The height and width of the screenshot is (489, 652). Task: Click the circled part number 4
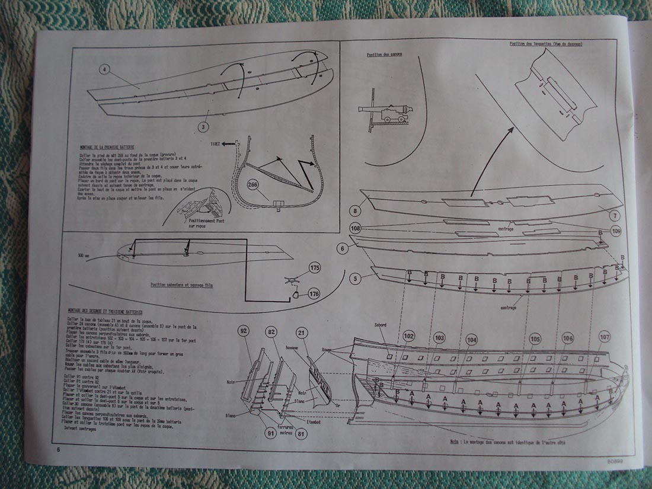106,69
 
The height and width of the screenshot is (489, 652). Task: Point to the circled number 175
314,269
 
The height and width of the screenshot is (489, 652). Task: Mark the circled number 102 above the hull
408,335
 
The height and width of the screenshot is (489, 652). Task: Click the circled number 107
604,336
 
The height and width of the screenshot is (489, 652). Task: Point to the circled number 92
242,330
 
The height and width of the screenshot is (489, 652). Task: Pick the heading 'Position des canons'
384,55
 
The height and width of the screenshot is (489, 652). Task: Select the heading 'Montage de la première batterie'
107,146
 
